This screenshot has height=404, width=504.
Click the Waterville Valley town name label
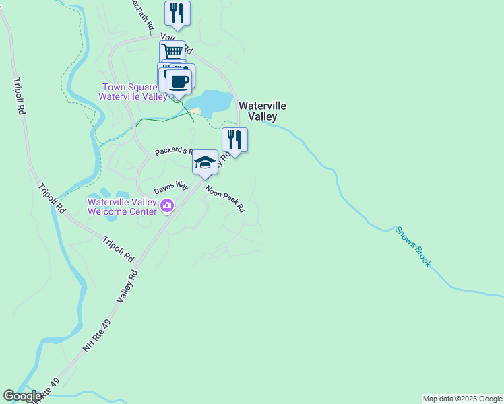(x=262, y=111)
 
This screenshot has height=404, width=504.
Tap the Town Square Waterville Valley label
(x=134, y=92)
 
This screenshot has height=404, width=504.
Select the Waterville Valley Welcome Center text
(x=122, y=206)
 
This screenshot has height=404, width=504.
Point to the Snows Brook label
(x=412, y=246)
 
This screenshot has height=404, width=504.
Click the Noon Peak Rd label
(x=225, y=199)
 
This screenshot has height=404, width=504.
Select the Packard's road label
(x=175, y=151)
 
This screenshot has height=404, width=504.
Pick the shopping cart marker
(x=172, y=52)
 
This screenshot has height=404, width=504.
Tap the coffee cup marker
(x=179, y=82)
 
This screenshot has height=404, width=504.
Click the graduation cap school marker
(x=205, y=162)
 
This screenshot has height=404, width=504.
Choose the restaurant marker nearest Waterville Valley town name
(x=234, y=140)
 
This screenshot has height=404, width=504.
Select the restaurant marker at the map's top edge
(x=177, y=13)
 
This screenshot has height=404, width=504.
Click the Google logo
(x=22, y=396)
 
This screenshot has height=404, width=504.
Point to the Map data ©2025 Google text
(x=462, y=399)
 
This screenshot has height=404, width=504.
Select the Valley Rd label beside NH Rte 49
(x=128, y=285)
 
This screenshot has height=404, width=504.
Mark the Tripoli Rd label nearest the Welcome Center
(x=119, y=248)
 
